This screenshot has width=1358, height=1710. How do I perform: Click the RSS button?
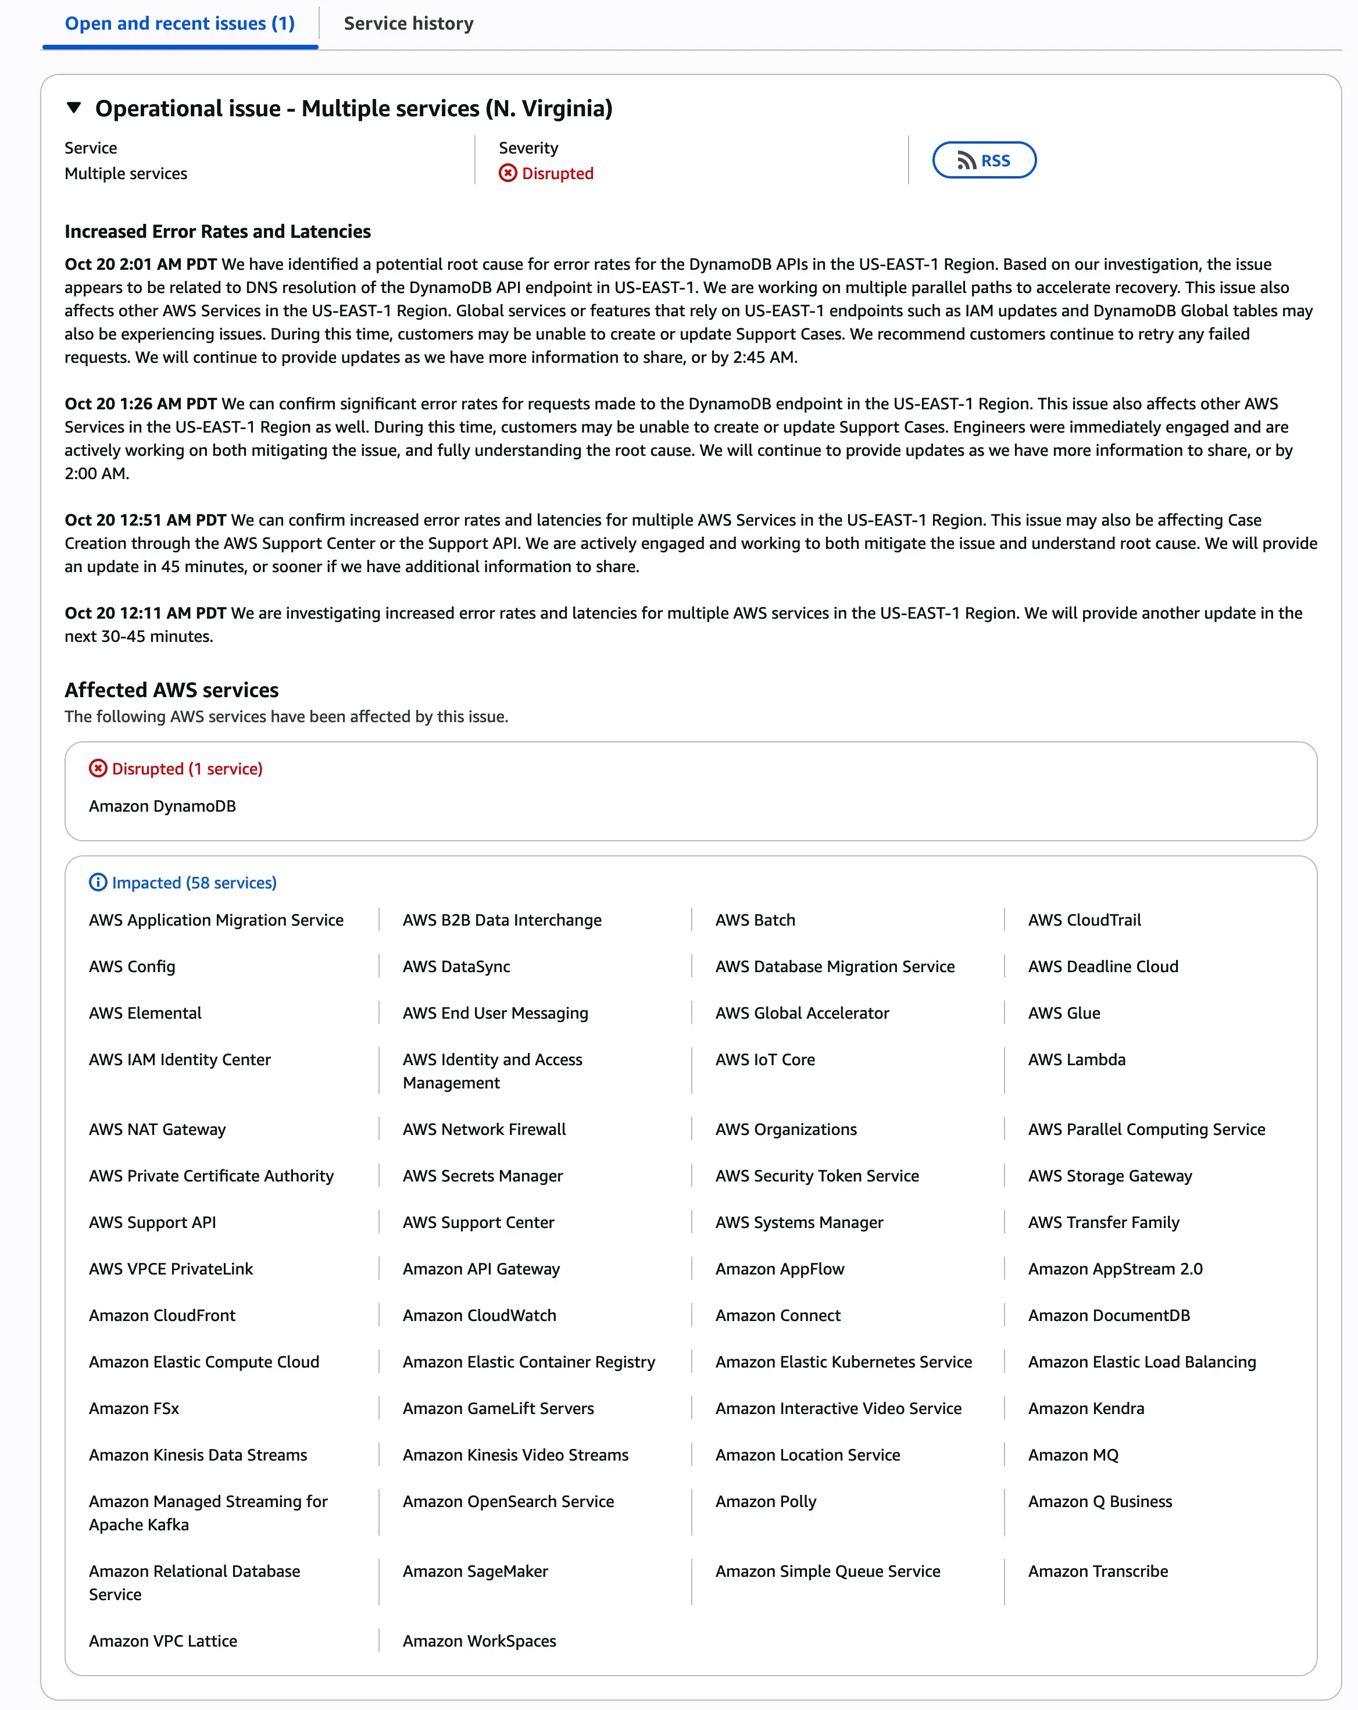pyautogui.click(x=984, y=160)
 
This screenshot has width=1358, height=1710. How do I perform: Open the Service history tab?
pyautogui.click(x=409, y=24)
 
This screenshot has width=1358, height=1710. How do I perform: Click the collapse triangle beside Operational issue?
pyautogui.click(x=74, y=108)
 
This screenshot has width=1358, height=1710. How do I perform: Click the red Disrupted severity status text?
pyautogui.click(x=557, y=174)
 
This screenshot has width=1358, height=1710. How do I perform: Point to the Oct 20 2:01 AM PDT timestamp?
pyautogui.click(x=141, y=264)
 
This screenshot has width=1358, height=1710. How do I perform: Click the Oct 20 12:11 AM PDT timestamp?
pyautogui.click(x=145, y=613)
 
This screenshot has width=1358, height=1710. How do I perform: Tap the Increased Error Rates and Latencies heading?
pyautogui.click(x=217, y=231)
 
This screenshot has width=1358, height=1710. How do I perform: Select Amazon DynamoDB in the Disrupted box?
pyautogui.click(x=162, y=806)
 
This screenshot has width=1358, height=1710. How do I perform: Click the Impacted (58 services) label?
pyautogui.click(x=194, y=883)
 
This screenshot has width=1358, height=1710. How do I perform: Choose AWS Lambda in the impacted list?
pyautogui.click(x=1077, y=1059)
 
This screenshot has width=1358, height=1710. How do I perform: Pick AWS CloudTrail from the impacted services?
pyautogui.click(x=1084, y=920)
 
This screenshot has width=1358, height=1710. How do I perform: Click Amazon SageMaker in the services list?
pyautogui.click(x=475, y=1571)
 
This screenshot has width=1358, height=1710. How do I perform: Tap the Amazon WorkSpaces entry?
pyautogui.click(x=479, y=1641)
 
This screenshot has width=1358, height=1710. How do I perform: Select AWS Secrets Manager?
pyautogui.click(x=483, y=1176)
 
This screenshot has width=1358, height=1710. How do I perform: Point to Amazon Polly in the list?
pyautogui.click(x=766, y=1501)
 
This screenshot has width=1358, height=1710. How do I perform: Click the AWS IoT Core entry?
pyautogui.click(x=764, y=1059)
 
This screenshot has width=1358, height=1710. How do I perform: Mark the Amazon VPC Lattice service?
pyautogui.click(x=163, y=1641)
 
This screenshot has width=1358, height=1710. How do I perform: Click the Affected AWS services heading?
pyautogui.click(x=171, y=690)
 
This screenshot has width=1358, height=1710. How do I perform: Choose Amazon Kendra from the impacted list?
pyautogui.click(x=1086, y=1409)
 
